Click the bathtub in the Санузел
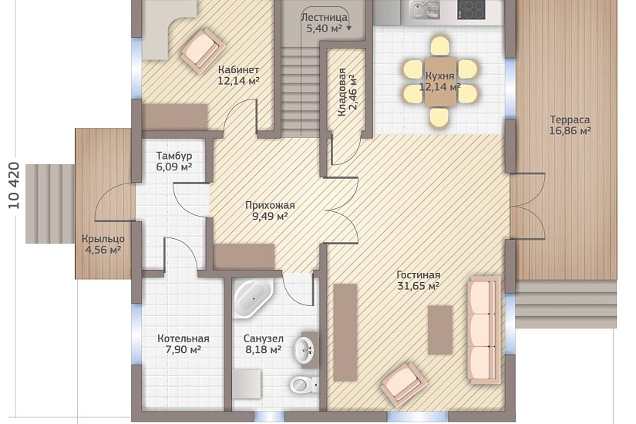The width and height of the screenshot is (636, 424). click(254, 298)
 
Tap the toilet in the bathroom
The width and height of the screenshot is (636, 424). click(304, 383)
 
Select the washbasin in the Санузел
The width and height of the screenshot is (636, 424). click(305, 350)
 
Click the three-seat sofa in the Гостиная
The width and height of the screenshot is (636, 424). click(483, 330)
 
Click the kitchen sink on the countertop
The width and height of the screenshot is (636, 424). click(425, 9)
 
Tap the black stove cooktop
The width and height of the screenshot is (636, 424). click(471, 9)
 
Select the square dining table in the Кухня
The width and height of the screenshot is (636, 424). click(440, 81)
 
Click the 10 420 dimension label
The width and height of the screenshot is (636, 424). click(14, 186)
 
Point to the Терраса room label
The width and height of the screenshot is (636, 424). click(570, 119)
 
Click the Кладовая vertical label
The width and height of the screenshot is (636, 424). click(342, 92)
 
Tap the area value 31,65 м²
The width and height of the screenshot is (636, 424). click(418, 286)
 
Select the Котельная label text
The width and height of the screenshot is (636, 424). click(183, 338)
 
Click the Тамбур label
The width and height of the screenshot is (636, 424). click(174, 156)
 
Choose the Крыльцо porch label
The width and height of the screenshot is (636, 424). click(103, 239)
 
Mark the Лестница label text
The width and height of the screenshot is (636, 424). click(324, 18)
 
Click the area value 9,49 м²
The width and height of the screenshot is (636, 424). click(270, 217)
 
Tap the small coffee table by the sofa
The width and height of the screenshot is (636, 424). click(440, 330)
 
